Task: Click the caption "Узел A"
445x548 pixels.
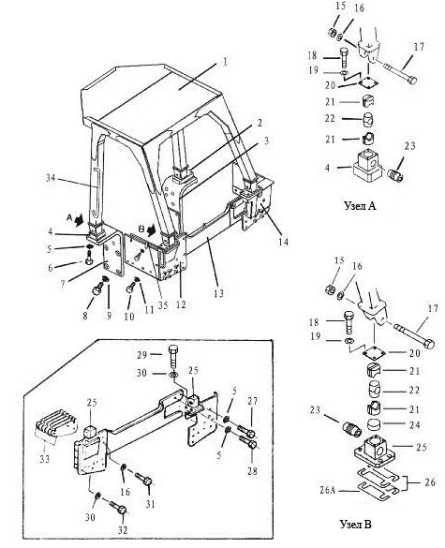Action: tap(360, 205)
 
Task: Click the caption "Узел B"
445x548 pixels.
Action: tap(355, 525)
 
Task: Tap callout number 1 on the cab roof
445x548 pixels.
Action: tap(225, 62)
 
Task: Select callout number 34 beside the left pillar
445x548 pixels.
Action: tap(51, 178)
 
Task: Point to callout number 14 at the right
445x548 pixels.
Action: tap(284, 242)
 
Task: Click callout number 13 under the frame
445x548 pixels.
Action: tap(218, 293)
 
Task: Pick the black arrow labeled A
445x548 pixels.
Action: tap(80, 219)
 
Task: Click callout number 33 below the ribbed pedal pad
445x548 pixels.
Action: tap(45, 458)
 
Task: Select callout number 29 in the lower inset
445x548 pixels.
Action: tap(142, 354)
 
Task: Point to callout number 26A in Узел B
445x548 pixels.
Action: tap(328, 491)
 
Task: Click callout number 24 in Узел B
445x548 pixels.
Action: tap(414, 425)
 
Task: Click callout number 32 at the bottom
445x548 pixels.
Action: tap(123, 530)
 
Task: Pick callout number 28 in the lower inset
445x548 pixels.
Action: tap(252, 471)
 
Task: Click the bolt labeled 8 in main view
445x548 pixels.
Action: tap(96, 289)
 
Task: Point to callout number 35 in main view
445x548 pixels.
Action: tap(163, 305)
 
